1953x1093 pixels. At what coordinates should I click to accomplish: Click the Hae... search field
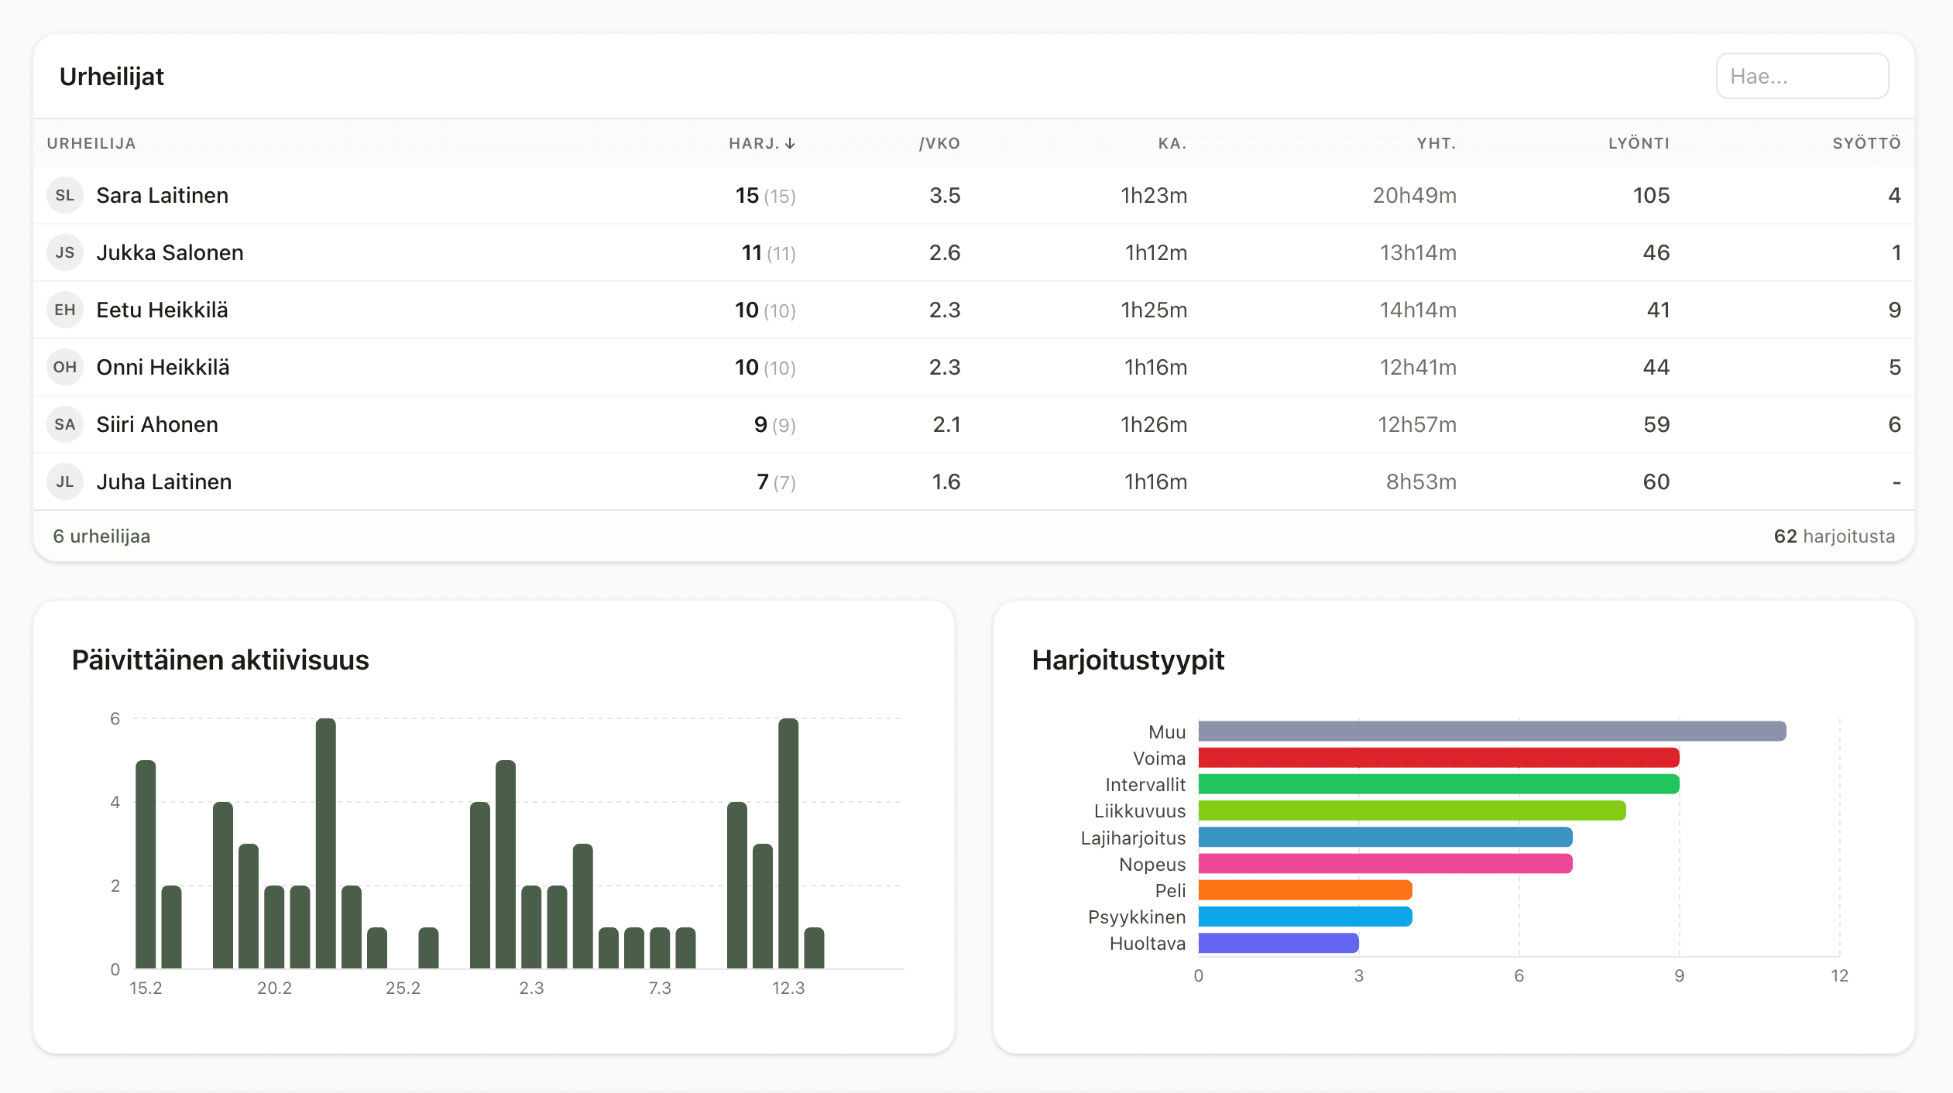[1801, 76]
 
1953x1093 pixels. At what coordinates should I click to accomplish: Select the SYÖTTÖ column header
[1865, 143]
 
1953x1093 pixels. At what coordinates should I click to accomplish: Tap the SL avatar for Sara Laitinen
[65, 195]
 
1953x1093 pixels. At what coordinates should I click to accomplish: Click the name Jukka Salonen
[170, 252]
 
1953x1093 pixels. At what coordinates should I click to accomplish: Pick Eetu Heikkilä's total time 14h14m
[1417, 310]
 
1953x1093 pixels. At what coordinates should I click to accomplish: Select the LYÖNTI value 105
[1651, 195]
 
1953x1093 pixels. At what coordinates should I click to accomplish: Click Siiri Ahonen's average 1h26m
[1153, 424]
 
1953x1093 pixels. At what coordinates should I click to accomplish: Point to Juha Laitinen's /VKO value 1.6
[946, 481]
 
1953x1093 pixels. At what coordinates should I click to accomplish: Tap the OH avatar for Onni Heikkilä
[65, 367]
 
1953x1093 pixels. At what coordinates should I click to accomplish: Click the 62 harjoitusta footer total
[1834, 536]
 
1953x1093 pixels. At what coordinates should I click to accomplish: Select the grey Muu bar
[1491, 732]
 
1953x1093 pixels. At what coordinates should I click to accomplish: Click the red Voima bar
[1438, 758]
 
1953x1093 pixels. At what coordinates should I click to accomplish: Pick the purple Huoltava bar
[1278, 943]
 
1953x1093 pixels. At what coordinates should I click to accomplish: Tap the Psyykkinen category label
[1136, 917]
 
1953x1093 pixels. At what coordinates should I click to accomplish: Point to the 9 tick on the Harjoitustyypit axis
[1679, 975]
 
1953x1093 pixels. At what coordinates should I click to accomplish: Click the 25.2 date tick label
[403, 988]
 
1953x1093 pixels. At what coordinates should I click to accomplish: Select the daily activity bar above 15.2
[146, 864]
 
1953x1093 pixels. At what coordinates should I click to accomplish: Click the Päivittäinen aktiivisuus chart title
[220, 660]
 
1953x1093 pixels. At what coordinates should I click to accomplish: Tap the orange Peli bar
[1305, 890]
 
